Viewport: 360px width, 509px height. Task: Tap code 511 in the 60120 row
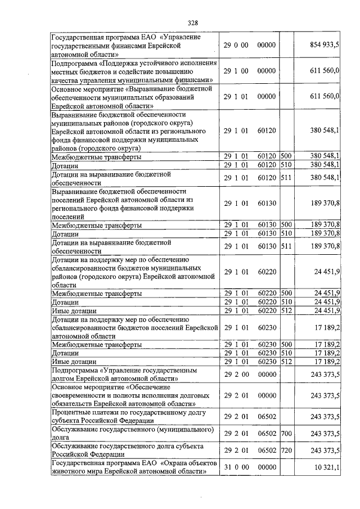(x=286, y=178)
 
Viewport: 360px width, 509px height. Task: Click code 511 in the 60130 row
(x=286, y=246)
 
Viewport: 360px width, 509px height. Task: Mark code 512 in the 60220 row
(x=286, y=310)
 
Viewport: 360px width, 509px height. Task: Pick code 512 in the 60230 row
(x=286, y=361)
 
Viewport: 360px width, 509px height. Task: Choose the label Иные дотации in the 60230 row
(x=74, y=362)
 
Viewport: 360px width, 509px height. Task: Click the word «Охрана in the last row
(x=173, y=463)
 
